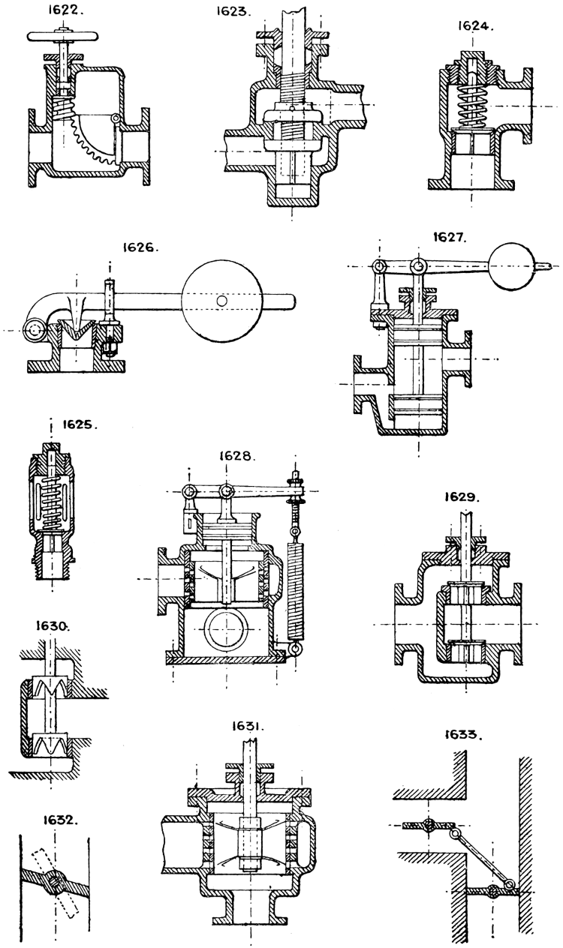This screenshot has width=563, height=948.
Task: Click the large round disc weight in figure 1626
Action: pyautogui.click(x=220, y=299)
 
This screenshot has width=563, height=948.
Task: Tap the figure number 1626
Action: pyautogui.click(x=142, y=246)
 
